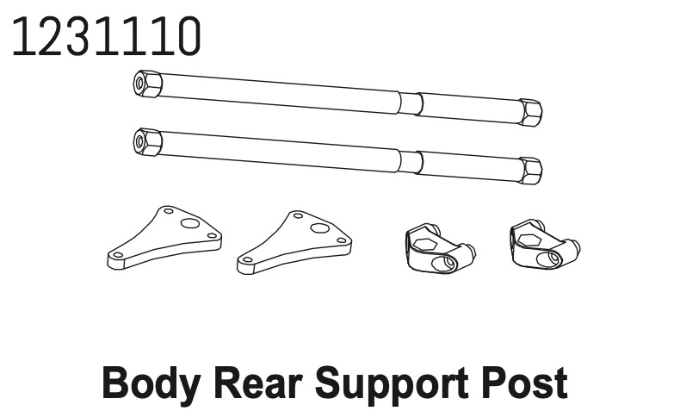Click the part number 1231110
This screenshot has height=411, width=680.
click(x=107, y=37)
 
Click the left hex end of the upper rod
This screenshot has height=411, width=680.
click(x=147, y=84)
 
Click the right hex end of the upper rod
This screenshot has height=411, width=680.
click(x=531, y=112)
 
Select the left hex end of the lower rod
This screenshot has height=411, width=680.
click(x=147, y=142)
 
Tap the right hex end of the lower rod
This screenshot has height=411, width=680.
click(x=531, y=171)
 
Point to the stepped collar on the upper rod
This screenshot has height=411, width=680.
click(x=410, y=103)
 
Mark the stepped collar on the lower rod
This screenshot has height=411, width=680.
click(x=410, y=162)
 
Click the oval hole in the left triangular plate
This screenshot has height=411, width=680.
click(x=189, y=223)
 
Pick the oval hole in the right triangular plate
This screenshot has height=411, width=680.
click(x=319, y=228)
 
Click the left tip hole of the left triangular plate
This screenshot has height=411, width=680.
click(x=118, y=255)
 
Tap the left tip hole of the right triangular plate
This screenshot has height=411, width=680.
click(x=247, y=259)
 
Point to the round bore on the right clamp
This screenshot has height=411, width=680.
click(x=549, y=259)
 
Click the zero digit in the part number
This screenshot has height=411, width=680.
click(x=187, y=37)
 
